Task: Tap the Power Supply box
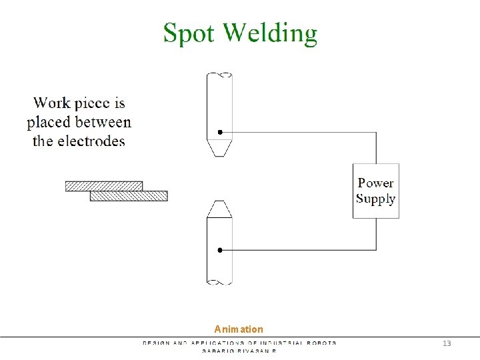click(376, 191)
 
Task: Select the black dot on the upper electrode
click(219, 132)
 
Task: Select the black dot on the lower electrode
click(219, 250)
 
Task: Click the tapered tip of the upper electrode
click(219, 148)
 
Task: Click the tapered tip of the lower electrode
click(219, 209)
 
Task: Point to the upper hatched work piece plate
click(104, 186)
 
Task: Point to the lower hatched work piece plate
click(129, 196)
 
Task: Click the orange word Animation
click(239, 329)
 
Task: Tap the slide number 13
click(447, 343)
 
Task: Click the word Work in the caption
click(52, 103)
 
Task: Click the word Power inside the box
click(376, 183)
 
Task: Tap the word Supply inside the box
click(376, 199)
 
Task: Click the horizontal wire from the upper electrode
click(300, 132)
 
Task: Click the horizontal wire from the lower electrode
click(300, 250)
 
